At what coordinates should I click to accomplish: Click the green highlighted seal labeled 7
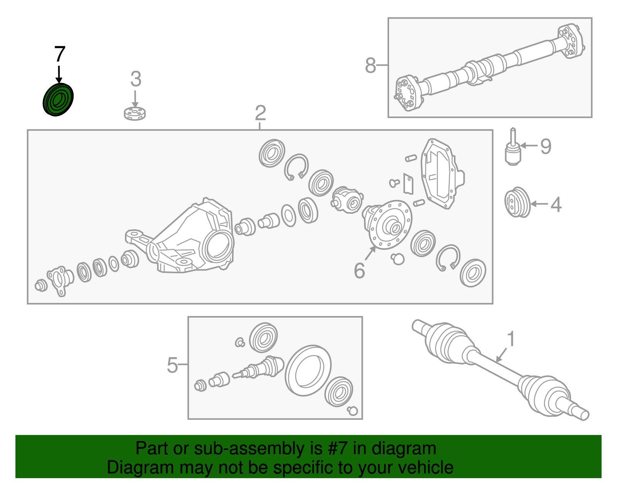58,100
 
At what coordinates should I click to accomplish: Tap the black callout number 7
59,54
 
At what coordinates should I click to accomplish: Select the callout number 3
135,79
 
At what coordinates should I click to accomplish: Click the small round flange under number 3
135,113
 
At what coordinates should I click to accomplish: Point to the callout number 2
260,113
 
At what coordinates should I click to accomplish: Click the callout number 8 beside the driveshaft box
370,66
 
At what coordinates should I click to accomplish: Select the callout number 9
546,146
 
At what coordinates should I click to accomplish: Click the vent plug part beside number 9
513,151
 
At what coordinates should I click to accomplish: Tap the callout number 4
556,205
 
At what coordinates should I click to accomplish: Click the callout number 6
359,271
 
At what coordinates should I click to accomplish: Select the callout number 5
172,365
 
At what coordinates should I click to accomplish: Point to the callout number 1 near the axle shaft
511,339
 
